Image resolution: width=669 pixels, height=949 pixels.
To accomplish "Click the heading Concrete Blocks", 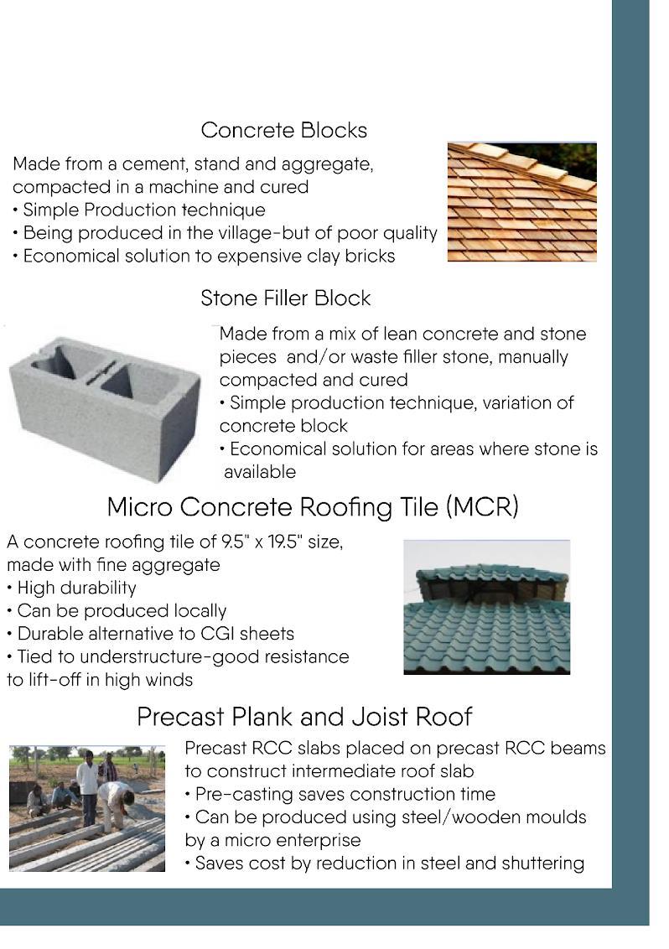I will coord(283,131).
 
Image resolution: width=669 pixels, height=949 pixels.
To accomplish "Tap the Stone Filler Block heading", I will coord(285,298).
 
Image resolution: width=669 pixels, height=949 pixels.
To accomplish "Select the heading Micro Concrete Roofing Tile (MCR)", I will coord(313,507).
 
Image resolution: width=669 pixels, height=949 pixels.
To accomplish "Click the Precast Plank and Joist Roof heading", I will coord(304,717).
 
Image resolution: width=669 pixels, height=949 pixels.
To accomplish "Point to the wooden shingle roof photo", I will coord(521,202).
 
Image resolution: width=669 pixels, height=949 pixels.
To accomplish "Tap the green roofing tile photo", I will coord(486,606).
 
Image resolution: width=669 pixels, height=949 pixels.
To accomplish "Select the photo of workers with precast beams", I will coord(87,808).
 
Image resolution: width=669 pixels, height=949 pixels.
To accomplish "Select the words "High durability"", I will coord(76,588).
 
